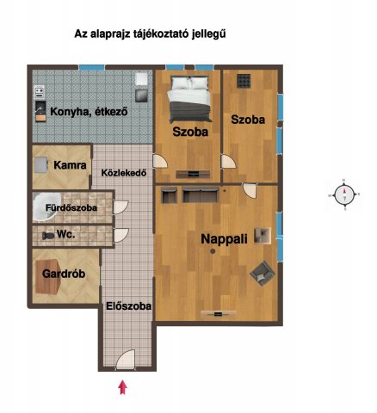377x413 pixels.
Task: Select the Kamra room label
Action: click(67, 164)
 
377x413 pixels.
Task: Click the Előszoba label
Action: click(128, 305)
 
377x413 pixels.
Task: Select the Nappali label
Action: click(226, 239)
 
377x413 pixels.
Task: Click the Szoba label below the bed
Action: click(189, 133)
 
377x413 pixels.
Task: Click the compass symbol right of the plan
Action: click(346, 196)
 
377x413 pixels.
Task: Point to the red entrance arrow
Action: click(122, 387)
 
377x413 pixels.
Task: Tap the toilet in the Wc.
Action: click(48, 234)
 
